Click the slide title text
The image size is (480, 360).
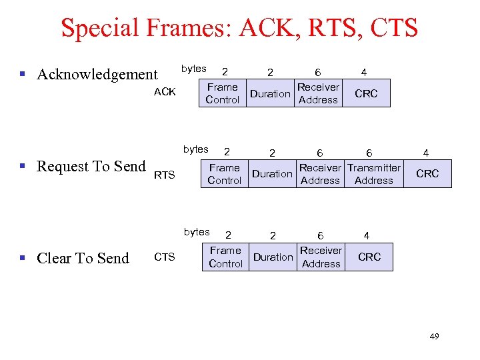pyautogui.click(x=239, y=28)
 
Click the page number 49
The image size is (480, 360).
pyautogui.click(x=434, y=337)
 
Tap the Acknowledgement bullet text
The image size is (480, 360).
pyautogui.click(x=97, y=74)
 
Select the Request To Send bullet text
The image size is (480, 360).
pyautogui.click(x=91, y=166)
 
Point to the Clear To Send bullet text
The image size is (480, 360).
pyautogui.click(x=83, y=258)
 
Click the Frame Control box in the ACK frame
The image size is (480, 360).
pyautogui.click(x=222, y=93)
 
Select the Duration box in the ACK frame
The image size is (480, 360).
pyautogui.click(x=270, y=94)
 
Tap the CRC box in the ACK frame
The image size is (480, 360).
pyautogui.click(x=366, y=94)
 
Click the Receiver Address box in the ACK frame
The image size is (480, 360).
pyautogui.click(x=318, y=93)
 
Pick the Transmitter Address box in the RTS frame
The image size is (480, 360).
pyautogui.click(x=374, y=174)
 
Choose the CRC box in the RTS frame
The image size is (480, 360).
pyautogui.click(x=427, y=174)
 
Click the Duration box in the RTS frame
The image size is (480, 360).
pyautogui.click(x=272, y=174)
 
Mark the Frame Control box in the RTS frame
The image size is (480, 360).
pyautogui.click(x=224, y=174)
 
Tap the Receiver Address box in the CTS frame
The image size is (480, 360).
pyautogui.click(x=321, y=257)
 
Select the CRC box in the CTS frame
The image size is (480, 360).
pyautogui.click(x=369, y=257)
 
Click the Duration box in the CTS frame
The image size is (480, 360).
pyautogui.click(x=273, y=257)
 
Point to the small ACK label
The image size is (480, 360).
pyautogui.click(x=165, y=92)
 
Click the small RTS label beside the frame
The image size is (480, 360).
pyautogui.click(x=165, y=175)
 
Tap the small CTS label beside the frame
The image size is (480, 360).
pyautogui.click(x=165, y=257)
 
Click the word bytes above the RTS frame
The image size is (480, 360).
pyautogui.click(x=196, y=149)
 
